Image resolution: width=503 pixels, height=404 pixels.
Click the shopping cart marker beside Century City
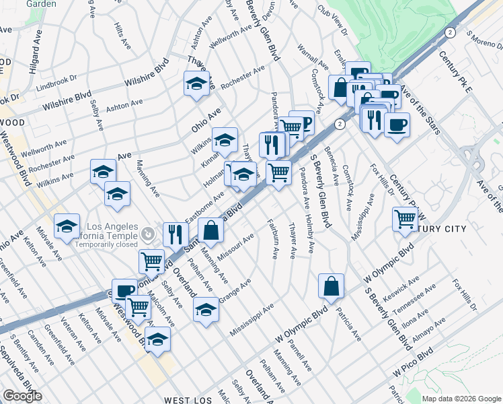405,218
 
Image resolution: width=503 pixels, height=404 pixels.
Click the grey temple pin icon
148,234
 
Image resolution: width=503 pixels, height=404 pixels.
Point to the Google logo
22,396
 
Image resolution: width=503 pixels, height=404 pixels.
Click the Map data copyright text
461,398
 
